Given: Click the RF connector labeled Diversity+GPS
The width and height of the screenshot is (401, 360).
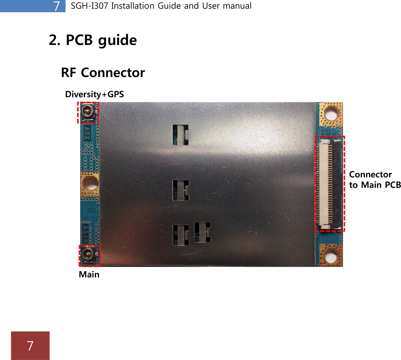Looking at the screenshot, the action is pos(88,112).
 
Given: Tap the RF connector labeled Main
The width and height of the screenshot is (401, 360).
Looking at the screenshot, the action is pos(89,256).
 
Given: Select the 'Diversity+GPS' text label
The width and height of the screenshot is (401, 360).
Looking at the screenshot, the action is pos(94,94).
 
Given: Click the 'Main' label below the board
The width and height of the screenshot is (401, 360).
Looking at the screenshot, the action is pos(89,275).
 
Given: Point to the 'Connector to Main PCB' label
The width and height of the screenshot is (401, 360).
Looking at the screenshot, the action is pos(375,179).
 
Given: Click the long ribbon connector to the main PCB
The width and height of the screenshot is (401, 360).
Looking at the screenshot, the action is pos(330,184).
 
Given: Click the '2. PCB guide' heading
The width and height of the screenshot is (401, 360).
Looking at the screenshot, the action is pos(93,40).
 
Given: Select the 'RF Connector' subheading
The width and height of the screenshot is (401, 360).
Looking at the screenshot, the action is pos(103,73).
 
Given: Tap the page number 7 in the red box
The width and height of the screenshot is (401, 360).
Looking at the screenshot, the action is pos(30,346).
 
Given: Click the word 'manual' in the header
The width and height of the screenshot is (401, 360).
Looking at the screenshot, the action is pos(238,6).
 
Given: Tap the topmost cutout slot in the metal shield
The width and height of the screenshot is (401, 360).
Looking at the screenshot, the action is pos(181,135).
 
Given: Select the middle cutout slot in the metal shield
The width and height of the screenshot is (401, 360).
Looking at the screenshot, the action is pos(181,190).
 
